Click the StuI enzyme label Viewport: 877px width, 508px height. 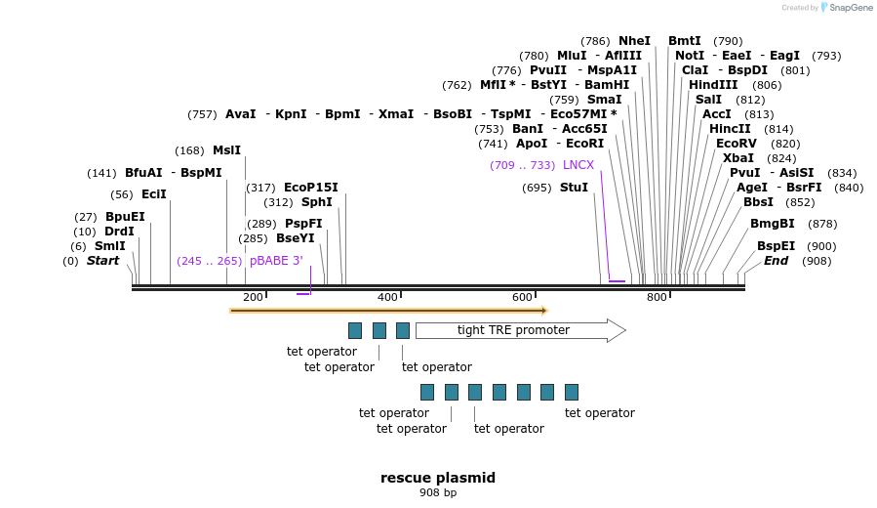[x=574, y=188]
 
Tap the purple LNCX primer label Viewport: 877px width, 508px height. [x=578, y=165]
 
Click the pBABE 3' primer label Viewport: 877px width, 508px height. [x=276, y=261]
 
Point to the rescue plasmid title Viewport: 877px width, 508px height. [x=438, y=478]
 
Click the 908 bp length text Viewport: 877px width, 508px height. [x=438, y=493]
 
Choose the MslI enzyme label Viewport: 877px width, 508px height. [x=226, y=150]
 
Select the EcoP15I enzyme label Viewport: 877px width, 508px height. [x=310, y=188]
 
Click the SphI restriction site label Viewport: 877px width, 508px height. [x=316, y=202]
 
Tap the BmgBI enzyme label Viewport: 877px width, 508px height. [x=772, y=224]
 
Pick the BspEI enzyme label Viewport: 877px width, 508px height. [x=776, y=246]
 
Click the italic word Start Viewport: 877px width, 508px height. [x=102, y=261]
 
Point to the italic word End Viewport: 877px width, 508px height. [x=776, y=261]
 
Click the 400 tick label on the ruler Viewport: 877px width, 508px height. [x=387, y=297]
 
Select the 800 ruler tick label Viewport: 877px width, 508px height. [x=657, y=297]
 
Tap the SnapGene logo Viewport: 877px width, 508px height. [x=845, y=8]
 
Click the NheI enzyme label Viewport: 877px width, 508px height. [x=634, y=41]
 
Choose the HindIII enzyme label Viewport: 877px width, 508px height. [x=713, y=85]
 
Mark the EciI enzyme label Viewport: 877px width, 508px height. [x=154, y=194]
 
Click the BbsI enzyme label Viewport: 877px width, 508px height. [x=758, y=202]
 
